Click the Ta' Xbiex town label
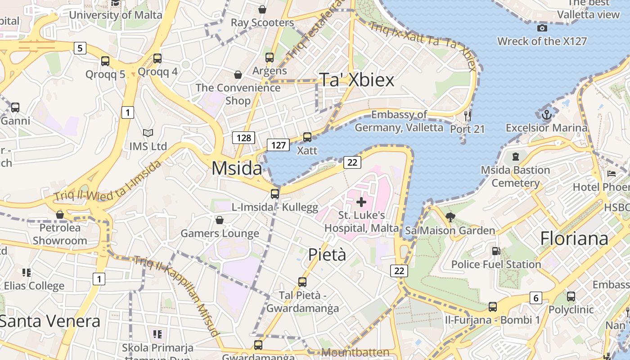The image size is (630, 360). [356, 80]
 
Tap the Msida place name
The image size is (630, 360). [237, 168]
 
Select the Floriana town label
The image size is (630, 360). [574, 238]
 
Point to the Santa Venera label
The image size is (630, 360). [49, 321]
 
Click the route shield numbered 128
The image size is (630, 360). [243, 138]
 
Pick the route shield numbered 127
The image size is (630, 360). [278, 145]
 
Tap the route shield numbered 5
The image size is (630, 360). [80, 48]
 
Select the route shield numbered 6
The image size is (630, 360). [535, 298]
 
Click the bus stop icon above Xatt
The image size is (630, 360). [307, 137]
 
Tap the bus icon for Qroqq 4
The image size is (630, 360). [157, 58]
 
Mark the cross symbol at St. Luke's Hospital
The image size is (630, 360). [361, 202]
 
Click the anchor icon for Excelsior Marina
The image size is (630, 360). [546, 115]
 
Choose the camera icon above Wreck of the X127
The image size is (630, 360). [542, 28]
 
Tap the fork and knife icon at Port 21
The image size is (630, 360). [468, 116]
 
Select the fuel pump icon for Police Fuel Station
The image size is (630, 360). [495, 251]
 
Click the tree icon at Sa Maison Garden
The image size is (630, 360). [450, 218]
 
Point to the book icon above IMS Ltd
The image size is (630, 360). [148, 133]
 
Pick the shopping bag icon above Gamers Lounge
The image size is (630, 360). [220, 220]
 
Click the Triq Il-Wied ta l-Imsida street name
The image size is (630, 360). [108, 181]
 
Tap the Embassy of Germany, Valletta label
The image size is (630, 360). [399, 121]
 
